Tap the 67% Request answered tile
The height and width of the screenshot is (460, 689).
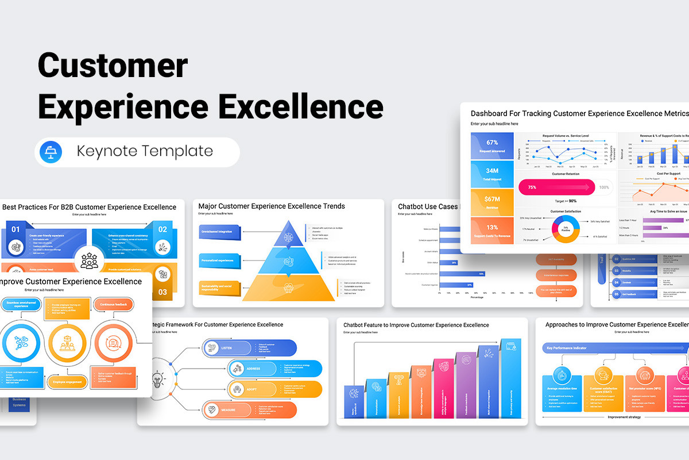[491, 146]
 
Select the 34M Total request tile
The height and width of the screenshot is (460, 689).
[491, 174]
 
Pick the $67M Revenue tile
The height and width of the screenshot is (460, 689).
[491, 202]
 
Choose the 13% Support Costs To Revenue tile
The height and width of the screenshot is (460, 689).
[491, 231]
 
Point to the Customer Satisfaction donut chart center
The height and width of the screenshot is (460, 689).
[566, 228]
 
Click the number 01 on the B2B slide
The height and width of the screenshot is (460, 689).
[16, 229]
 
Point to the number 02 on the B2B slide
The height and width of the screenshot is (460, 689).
[162, 229]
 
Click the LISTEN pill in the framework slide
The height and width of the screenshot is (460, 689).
[227, 348]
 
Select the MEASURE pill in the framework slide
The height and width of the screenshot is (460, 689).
[227, 409]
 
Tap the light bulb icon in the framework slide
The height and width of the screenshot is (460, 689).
[156, 379]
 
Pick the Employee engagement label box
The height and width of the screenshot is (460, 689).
[68, 381]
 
